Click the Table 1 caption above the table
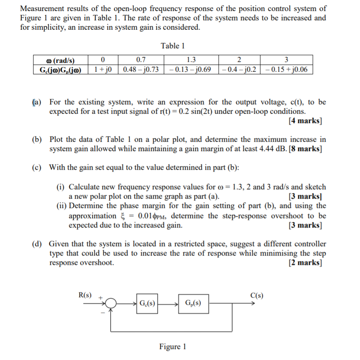click(173, 46)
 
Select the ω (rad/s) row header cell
click(60, 59)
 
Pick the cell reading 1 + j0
click(103, 69)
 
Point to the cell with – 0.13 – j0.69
click(190, 69)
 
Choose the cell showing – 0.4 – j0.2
click(239, 69)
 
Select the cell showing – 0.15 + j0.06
click(286, 69)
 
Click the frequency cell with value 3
click(286, 59)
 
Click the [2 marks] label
click(304, 263)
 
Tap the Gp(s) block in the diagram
click(193, 304)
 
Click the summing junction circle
click(111, 304)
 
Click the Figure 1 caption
click(173, 346)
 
